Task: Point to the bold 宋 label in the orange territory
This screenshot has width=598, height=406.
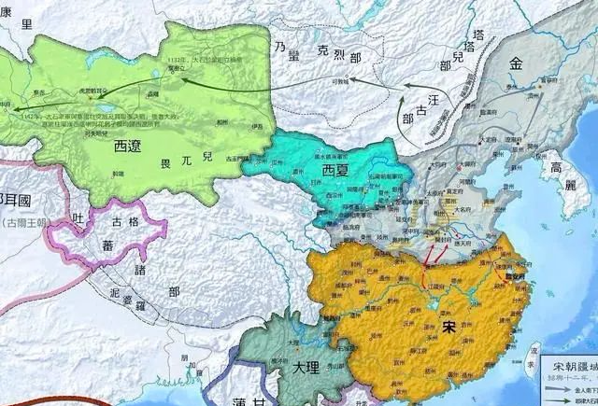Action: tap(450, 327)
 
